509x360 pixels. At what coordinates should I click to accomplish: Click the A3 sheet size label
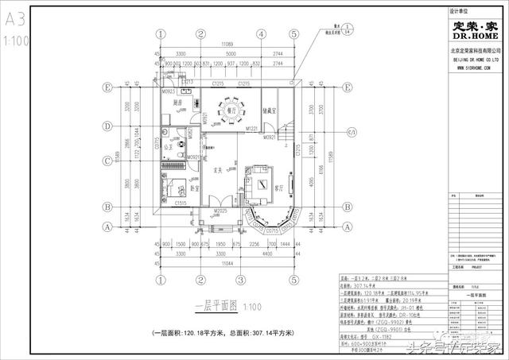(15, 16)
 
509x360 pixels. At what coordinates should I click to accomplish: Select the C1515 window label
(181, 204)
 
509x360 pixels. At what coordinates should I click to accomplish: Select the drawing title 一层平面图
(212, 307)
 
